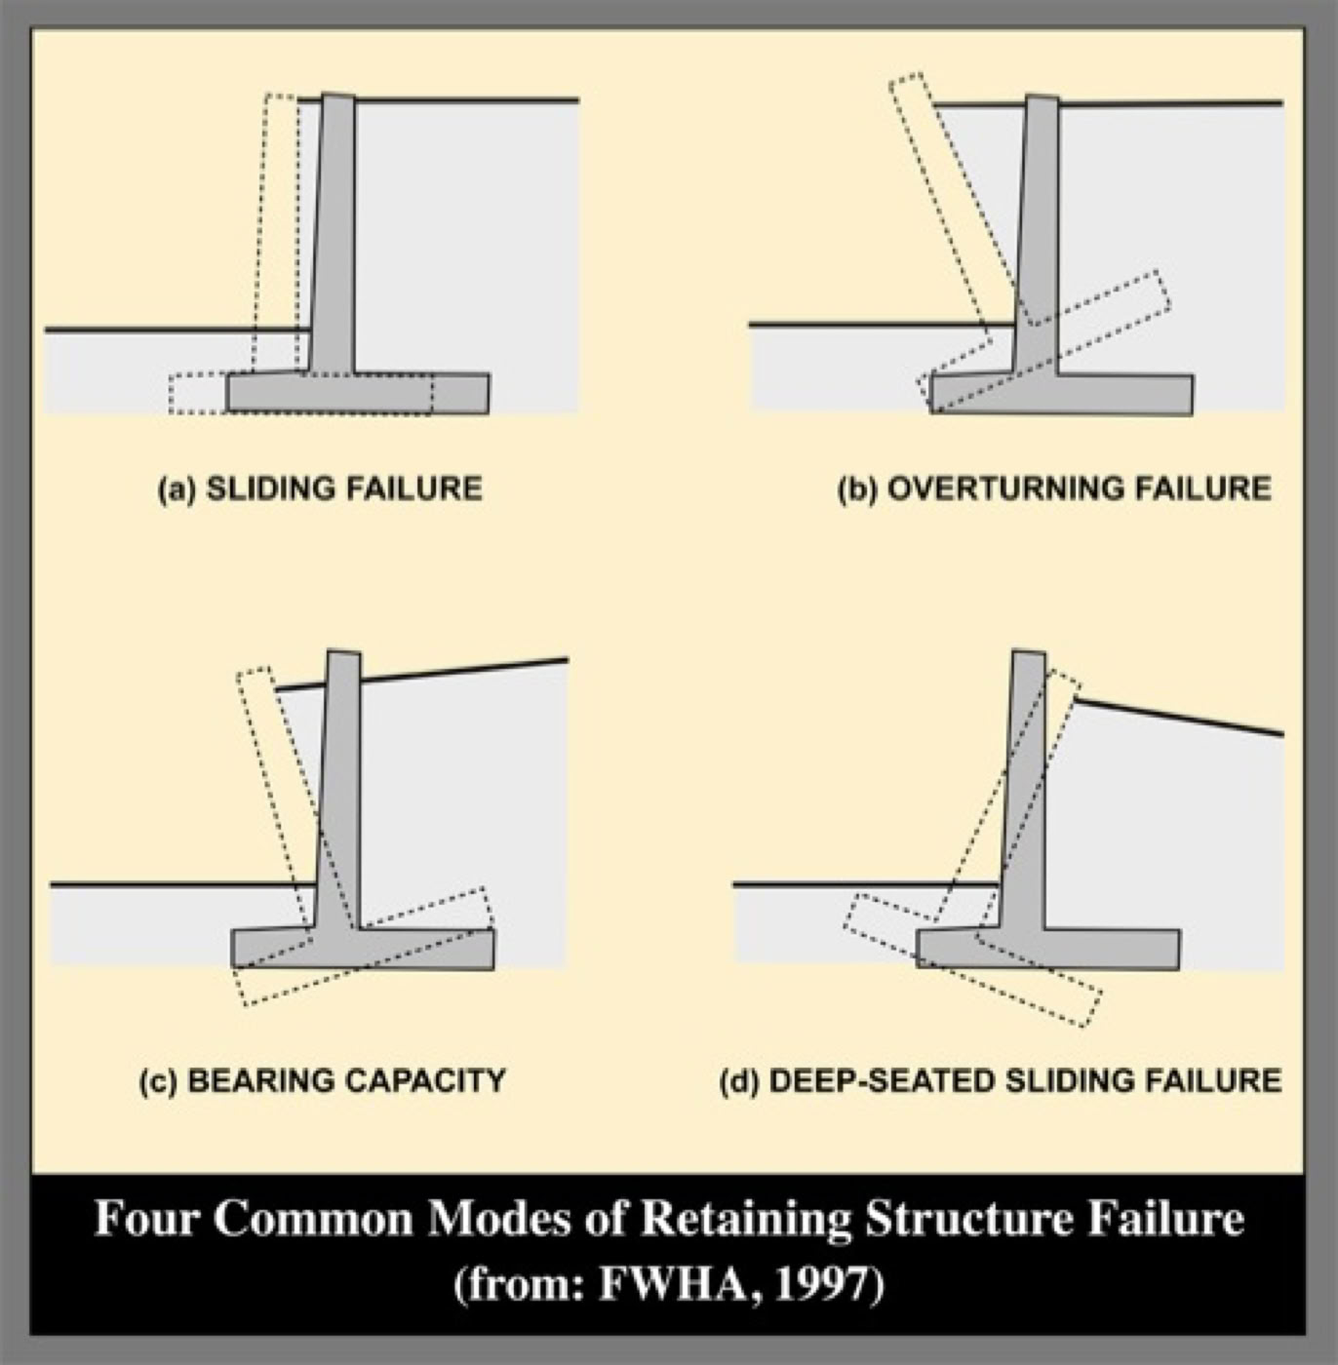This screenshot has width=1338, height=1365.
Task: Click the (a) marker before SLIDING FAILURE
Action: pos(177,487)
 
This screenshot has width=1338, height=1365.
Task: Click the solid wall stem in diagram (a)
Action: pos(334,234)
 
